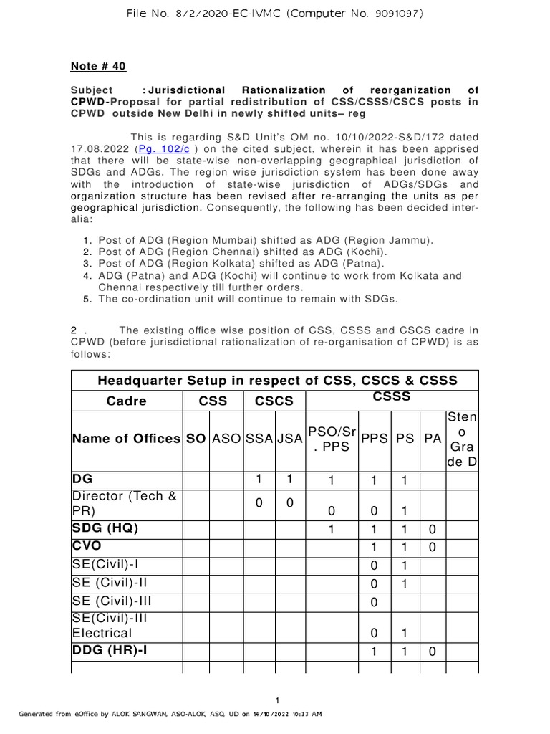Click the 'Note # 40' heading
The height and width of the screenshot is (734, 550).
click(x=98, y=67)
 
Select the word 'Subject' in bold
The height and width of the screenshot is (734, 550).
click(x=92, y=90)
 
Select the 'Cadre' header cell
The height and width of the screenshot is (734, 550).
click(x=126, y=401)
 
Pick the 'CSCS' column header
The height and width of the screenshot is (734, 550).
click(x=271, y=401)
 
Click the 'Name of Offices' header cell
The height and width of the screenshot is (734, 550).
click(x=127, y=439)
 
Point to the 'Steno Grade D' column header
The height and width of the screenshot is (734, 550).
click(x=461, y=439)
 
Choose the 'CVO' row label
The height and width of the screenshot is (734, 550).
click(x=87, y=546)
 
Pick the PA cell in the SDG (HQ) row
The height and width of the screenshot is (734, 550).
click(x=433, y=529)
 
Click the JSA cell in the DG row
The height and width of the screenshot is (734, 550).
click(x=291, y=479)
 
